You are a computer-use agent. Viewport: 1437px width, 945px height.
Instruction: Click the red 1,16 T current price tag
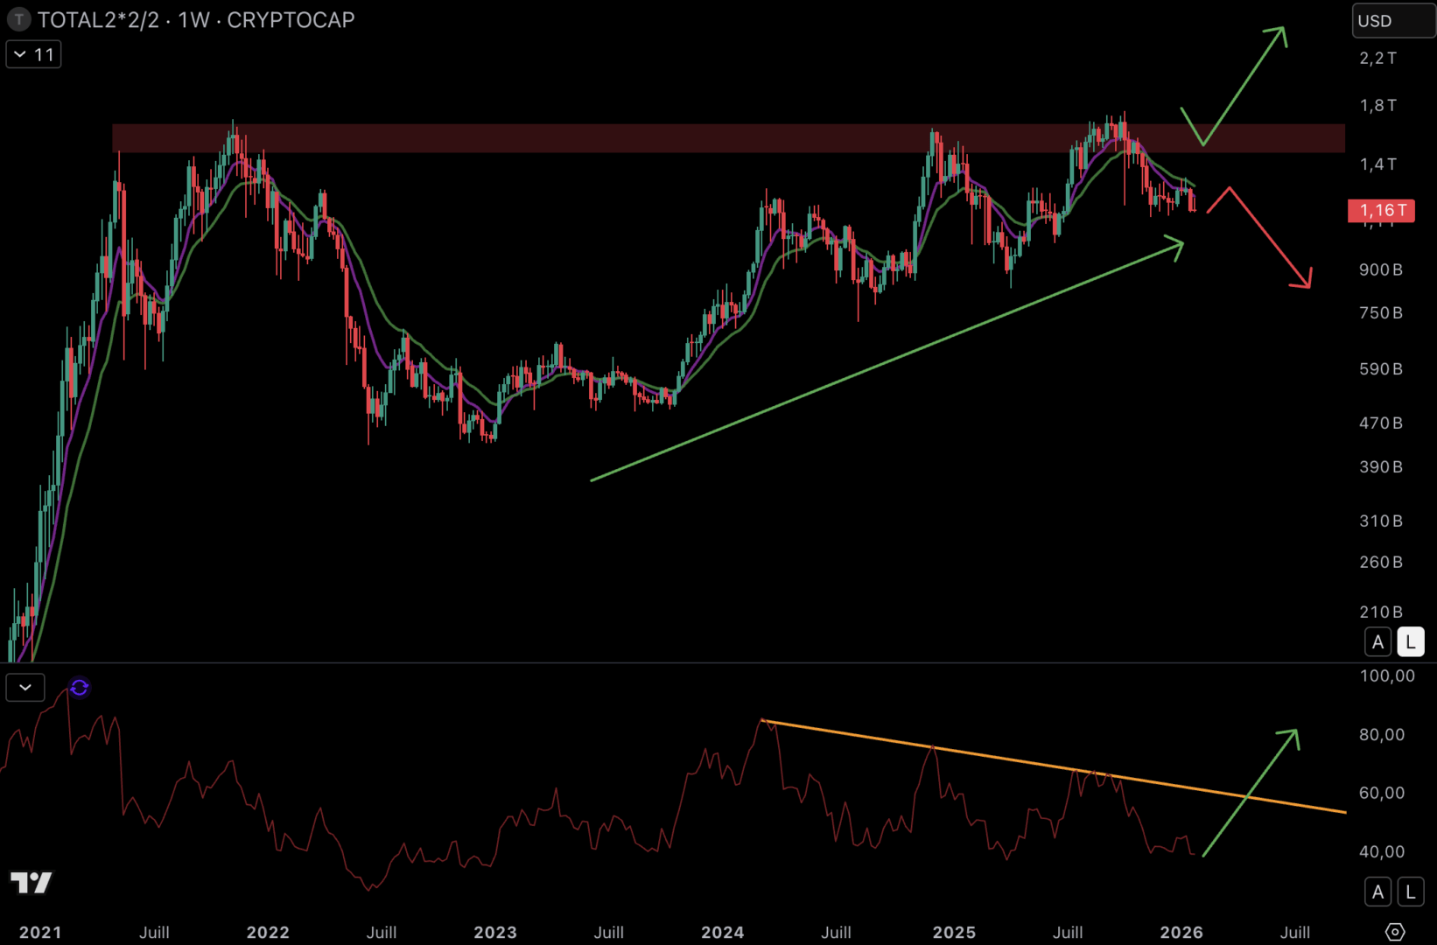pos(1381,210)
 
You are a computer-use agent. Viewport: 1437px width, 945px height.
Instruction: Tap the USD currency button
pos(1392,21)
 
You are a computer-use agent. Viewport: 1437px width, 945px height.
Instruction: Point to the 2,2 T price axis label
pos(1377,59)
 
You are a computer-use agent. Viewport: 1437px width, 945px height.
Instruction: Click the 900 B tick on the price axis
pos(1380,269)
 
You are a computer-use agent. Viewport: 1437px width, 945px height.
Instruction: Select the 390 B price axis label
pos(1380,466)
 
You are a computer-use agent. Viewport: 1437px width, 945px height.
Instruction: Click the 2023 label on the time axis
pos(495,932)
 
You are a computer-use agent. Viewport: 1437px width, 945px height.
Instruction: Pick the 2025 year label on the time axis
pos(954,932)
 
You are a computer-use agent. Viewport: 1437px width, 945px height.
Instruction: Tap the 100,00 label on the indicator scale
pos(1387,675)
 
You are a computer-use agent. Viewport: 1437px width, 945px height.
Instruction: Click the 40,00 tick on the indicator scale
pos(1382,851)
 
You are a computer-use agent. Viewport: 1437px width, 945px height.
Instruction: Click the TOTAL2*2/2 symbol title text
pos(98,20)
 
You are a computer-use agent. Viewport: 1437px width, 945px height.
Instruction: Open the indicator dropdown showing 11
pos(34,55)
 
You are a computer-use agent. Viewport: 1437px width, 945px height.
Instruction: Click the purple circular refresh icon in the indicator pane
pos(80,688)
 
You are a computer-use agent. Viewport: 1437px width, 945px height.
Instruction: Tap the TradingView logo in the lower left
pos(31,882)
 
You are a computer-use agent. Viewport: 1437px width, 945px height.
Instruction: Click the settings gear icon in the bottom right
pos(1395,932)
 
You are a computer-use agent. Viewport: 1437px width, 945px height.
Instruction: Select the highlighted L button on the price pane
pos(1410,642)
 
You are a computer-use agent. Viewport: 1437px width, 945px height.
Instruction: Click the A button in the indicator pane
pos(1377,892)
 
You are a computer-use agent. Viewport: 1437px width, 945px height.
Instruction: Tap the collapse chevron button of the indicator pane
pos(25,688)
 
